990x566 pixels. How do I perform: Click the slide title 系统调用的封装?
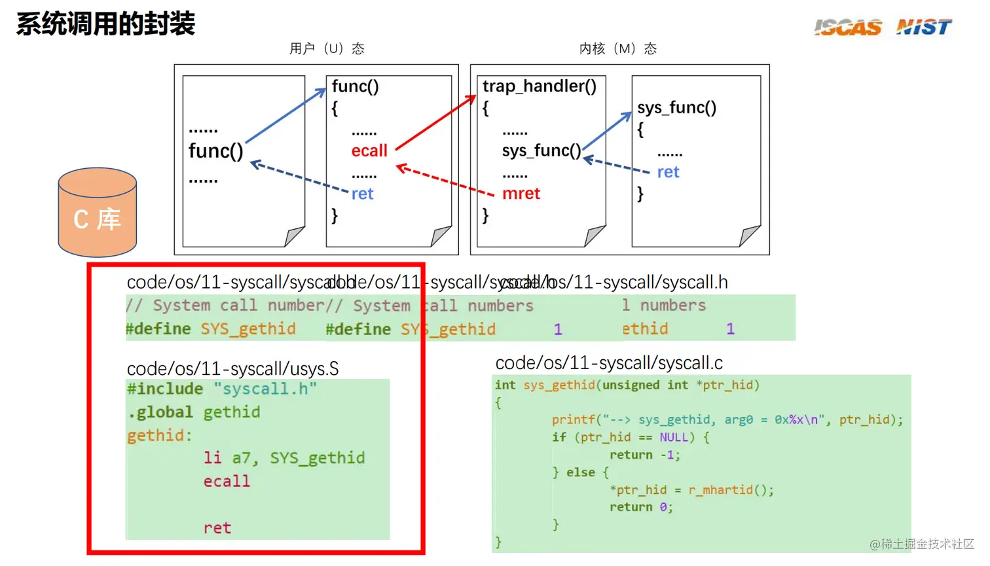click(105, 24)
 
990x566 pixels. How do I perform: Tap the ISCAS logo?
click(848, 27)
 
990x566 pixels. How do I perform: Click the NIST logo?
click(923, 27)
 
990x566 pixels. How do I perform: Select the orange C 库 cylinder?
click(98, 213)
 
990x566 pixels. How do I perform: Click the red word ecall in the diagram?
click(369, 151)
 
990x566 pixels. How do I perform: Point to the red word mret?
click(521, 194)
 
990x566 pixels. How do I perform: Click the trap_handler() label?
click(540, 86)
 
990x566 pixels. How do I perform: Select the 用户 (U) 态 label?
click(327, 49)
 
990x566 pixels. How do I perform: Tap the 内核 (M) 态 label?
click(617, 49)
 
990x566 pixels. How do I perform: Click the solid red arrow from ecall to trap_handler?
click(435, 122)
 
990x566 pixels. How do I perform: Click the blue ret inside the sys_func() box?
click(668, 172)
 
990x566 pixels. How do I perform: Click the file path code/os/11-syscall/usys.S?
click(232, 369)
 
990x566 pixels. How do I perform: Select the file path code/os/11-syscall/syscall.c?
click(609, 363)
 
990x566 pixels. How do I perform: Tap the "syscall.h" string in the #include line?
click(265, 389)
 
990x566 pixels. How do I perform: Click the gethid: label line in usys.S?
click(160, 436)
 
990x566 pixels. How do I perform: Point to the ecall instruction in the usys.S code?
click(227, 482)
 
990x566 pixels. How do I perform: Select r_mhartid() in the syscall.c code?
click(731, 490)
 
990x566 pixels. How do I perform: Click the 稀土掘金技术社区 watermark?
click(922, 544)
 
